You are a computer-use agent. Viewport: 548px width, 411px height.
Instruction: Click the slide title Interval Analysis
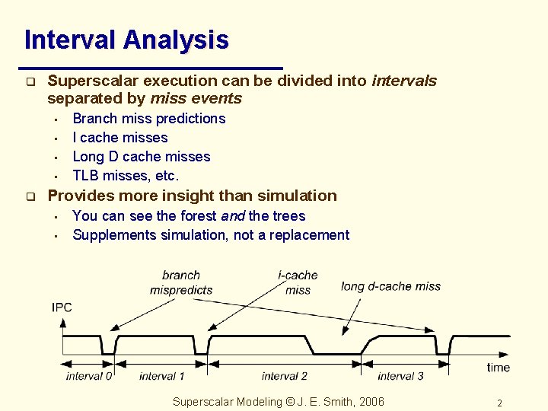pyautogui.click(x=126, y=40)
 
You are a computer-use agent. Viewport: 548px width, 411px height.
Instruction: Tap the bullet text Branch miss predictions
pyautogui.click(x=148, y=119)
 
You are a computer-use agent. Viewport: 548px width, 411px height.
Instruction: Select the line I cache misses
pyautogui.click(x=119, y=138)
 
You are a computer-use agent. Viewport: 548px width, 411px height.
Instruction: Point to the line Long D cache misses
pyautogui.click(x=141, y=157)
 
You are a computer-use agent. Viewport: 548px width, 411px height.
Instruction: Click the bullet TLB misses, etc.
pyautogui.click(x=126, y=176)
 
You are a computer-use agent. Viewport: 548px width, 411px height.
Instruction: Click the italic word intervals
pyautogui.click(x=403, y=81)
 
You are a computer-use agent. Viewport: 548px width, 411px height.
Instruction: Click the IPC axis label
pyautogui.click(x=62, y=307)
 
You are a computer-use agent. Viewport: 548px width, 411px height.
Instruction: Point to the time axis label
pyautogui.click(x=499, y=368)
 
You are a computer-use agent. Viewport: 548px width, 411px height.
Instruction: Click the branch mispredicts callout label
pyautogui.click(x=181, y=282)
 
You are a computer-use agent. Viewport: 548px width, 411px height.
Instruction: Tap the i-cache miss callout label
pyautogui.click(x=298, y=282)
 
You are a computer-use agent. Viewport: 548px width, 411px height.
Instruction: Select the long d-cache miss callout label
pyautogui.click(x=390, y=286)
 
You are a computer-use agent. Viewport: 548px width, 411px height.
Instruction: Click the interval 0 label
pyautogui.click(x=89, y=376)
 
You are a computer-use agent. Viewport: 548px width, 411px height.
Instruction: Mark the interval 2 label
pyautogui.click(x=284, y=376)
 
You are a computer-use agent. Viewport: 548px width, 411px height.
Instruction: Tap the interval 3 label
pyautogui.click(x=400, y=376)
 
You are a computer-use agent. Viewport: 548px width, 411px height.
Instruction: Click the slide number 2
pyautogui.click(x=499, y=403)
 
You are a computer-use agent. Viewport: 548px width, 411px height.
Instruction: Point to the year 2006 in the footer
pyautogui.click(x=371, y=402)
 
